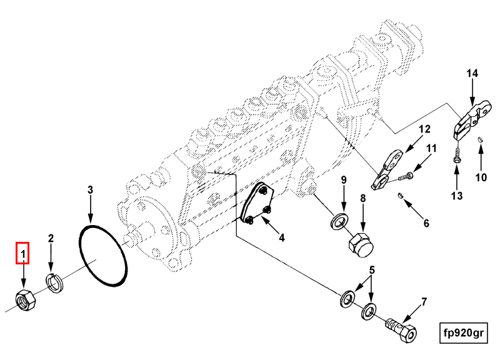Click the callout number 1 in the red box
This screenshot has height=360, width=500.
point(23,254)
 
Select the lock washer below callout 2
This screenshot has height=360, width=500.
point(55,283)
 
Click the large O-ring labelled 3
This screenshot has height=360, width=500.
point(104,257)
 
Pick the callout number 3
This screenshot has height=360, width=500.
point(91,189)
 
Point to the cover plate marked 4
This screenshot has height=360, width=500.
point(258,204)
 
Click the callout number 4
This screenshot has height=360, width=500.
point(281,237)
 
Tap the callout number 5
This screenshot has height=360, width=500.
point(371,270)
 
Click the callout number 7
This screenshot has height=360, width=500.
point(424,302)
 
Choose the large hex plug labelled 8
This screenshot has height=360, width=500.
point(358,242)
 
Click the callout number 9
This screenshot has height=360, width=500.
point(343,180)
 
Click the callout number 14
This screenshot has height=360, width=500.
point(472,73)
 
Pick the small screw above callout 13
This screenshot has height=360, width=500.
point(457,154)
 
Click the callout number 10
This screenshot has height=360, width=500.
point(480,177)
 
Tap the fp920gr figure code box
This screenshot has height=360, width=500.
point(462,332)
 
